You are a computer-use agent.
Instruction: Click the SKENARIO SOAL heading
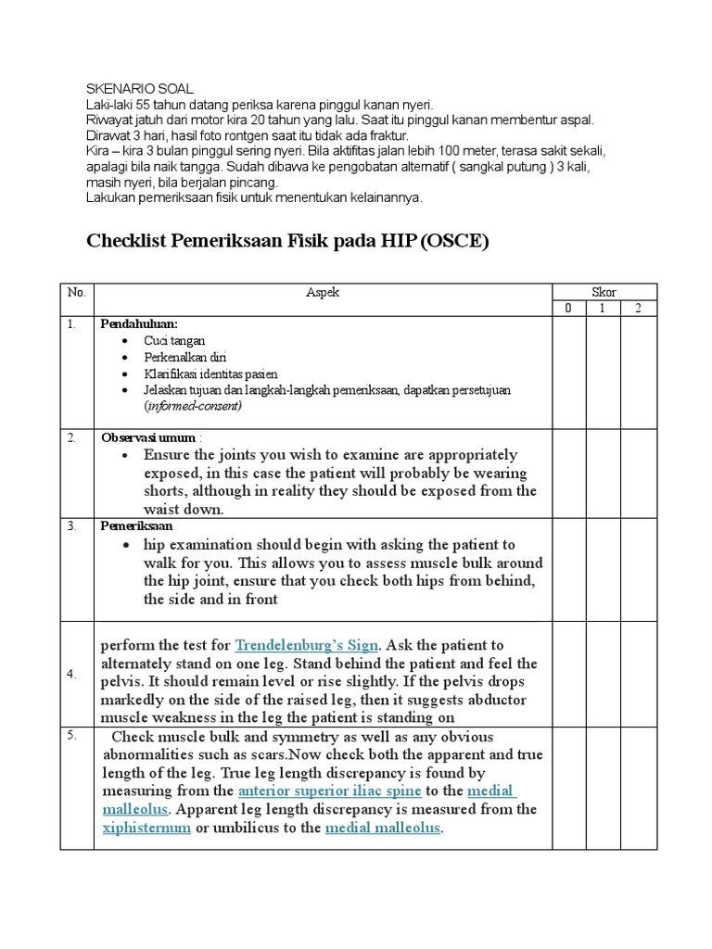pos(140,89)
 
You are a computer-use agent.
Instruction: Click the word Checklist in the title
pos(130,241)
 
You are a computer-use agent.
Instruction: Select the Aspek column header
pos(323,292)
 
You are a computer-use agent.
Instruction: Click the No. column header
pos(76,292)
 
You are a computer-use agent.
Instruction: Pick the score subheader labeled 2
pos(639,309)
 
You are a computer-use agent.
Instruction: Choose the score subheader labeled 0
pos(568,309)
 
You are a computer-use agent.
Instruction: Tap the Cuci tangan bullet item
pos(174,340)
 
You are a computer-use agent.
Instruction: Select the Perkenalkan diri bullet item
pos(184,357)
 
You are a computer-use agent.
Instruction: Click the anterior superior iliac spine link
pos(329,791)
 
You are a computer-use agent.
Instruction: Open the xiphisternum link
pos(146,828)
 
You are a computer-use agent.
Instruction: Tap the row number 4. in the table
pos(71,675)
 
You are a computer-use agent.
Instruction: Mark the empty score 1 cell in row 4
pos(604,675)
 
